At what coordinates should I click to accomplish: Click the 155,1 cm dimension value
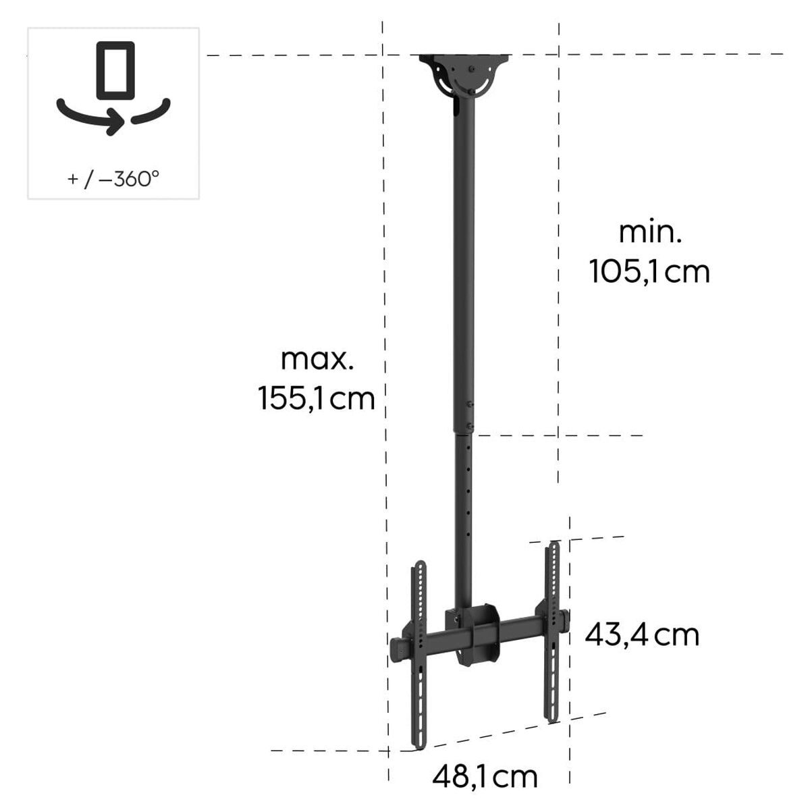316,399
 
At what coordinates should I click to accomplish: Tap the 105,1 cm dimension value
649,272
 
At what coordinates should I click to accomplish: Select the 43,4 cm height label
641,635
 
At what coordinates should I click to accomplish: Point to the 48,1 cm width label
485,777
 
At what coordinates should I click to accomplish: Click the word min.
650,233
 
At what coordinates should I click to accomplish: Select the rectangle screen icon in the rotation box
115,71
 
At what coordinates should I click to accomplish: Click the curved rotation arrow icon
113,117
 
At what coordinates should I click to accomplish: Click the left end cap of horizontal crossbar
398,647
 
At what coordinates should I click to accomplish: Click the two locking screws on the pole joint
470,414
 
